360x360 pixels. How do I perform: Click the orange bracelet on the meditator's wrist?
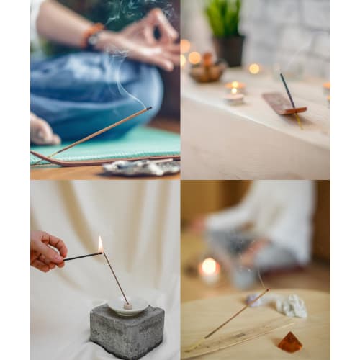pyautogui.click(x=93, y=32)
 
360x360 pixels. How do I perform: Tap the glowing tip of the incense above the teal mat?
pyautogui.click(x=149, y=108)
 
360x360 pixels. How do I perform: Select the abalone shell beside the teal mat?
pyautogui.click(x=141, y=168)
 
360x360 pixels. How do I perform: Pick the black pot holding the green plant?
pyautogui.click(x=230, y=50)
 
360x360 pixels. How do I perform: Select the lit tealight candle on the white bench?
pyautogui.click(x=234, y=93)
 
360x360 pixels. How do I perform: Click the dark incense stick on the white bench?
pyautogui.click(x=288, y=91)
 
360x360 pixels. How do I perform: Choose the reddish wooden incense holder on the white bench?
pyautogui.click(x=284, y=103)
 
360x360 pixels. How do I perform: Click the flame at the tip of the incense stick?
pyautogui.click(x=100, y=243)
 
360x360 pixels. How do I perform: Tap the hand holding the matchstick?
pyautogui.click(x=47, y=250)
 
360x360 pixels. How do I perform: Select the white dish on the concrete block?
pyautogui.click(x=127, y=306)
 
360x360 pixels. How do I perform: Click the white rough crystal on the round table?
pyautogui.click(x=292, y=306)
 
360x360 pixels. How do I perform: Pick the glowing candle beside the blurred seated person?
pyautogui.click(x=209, y=269)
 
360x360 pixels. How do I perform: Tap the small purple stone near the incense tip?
pyautogui.click(x=253, y=300)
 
